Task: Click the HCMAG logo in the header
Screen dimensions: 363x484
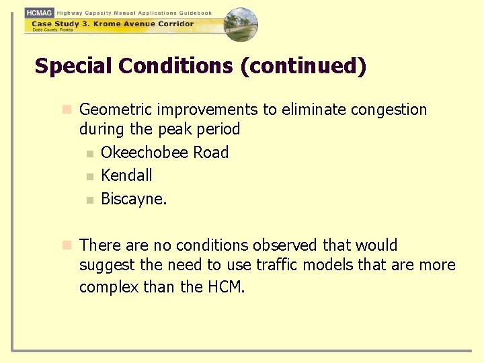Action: point(39,12)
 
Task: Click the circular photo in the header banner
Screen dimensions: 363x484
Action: point(241,24)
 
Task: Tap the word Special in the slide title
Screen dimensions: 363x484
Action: point(74,67)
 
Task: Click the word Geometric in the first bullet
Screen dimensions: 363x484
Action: point(114,110)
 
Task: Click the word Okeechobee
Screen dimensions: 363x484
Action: point(145,153)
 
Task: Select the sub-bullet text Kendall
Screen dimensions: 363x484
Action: point(126,175)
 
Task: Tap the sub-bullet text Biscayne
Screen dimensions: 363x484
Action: point(133,199)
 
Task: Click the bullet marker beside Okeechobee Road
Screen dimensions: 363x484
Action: point(90,154)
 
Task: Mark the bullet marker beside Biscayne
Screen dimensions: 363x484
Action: point(90,200)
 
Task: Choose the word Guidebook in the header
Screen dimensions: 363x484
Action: point(196,13)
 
